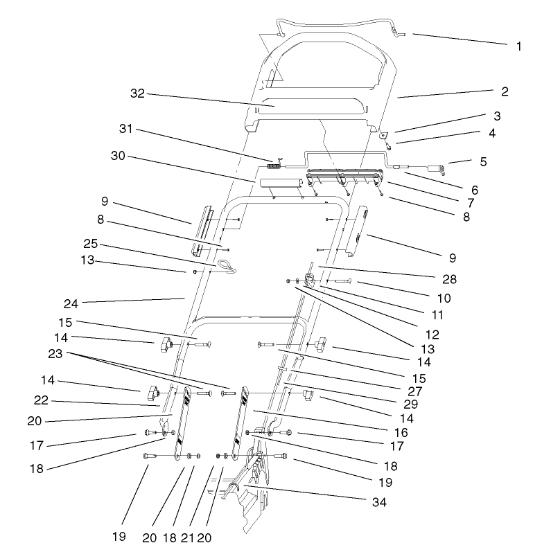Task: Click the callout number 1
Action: [519, 46]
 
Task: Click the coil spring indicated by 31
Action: [276, 165]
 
